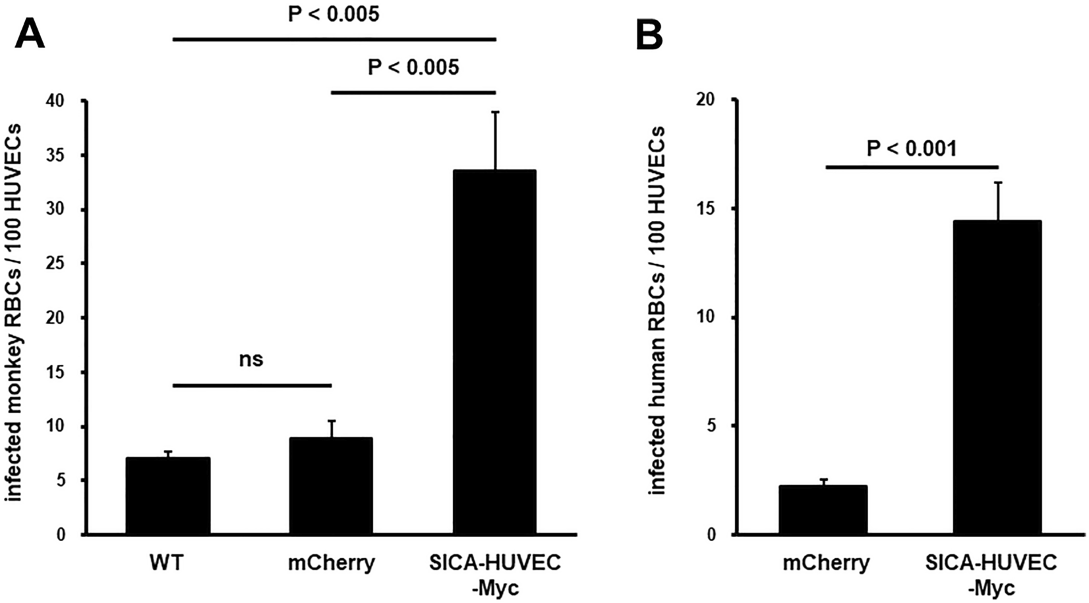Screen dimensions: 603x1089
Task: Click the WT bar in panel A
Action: click(167, 495)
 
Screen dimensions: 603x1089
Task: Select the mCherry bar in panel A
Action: click(331, 486)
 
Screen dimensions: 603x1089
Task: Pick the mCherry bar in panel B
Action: click(822, 509)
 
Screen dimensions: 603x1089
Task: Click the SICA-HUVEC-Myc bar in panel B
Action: click(998, 377)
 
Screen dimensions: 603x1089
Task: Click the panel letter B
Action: click(649, 34)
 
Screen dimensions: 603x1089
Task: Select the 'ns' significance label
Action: click(251, 359)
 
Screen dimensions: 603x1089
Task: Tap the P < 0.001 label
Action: click(911, 148)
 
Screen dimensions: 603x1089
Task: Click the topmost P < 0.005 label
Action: click(334, 14)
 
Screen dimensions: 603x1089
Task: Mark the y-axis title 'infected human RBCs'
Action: click(657, 310)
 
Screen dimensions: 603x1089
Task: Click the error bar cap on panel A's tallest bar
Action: click(495, 112)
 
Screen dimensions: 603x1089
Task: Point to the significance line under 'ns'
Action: click(251, 385)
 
